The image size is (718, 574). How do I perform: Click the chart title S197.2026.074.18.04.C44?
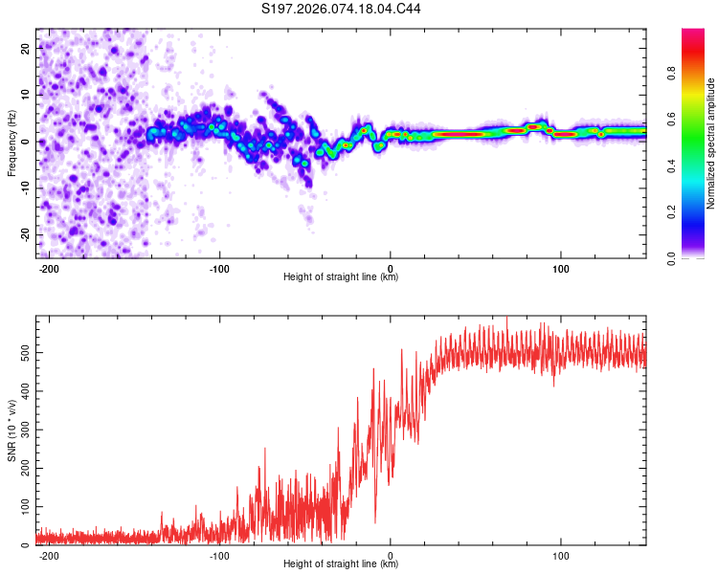pos(342,10)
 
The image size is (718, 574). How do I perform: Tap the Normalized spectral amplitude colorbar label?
pos(710,143)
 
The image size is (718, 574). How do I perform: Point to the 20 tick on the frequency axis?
pos(25,47)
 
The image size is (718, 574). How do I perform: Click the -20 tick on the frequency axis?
pos(23,234)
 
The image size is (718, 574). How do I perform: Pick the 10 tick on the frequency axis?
pos(25,94)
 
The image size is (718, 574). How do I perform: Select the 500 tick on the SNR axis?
pos(22,353)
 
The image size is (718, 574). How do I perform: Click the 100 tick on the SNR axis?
pos(22,507)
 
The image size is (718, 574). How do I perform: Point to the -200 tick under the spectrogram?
pos(49,268)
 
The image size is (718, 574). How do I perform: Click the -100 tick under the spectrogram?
pos(219,268)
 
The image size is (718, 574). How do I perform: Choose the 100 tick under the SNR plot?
pos(561,555)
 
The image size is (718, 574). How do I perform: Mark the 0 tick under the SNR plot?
pos(391,555)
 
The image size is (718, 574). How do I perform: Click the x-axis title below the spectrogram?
pos(341,277)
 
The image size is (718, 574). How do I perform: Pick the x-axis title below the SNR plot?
pos(341,564)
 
